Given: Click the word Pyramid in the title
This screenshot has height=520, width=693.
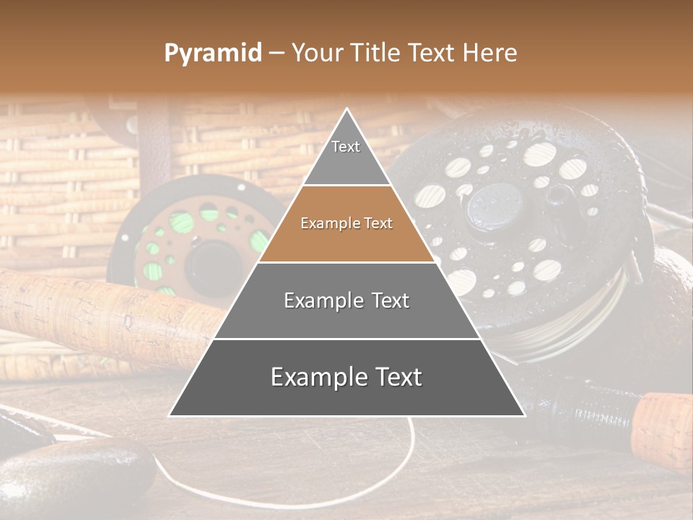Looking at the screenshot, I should pos(213,53).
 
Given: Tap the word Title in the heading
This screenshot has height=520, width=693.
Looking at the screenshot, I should pos(376,53).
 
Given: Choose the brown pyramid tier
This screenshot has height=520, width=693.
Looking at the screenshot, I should pos(346,224).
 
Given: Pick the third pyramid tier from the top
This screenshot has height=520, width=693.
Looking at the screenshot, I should pos(346,300).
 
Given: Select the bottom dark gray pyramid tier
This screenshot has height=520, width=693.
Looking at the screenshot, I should pos(346,377).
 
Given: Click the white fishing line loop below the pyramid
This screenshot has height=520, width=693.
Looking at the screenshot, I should pos(404,469).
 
